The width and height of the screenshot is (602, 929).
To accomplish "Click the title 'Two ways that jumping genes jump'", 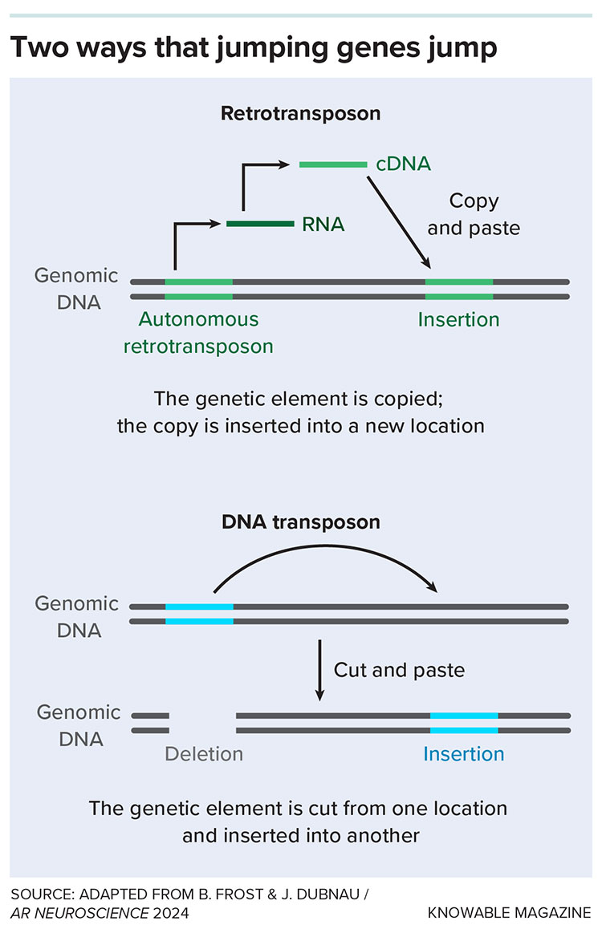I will pos(254,48).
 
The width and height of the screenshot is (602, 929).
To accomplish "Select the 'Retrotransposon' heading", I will pos(300,113).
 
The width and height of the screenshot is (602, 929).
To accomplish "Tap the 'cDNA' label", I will pos(403,164).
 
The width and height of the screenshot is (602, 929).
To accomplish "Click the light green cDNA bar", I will pos(332,164).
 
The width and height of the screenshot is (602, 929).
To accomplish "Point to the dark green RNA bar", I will pos(260,224).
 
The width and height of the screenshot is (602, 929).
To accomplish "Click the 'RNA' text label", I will pos(323,225).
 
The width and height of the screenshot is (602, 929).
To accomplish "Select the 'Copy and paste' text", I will pos(474,214).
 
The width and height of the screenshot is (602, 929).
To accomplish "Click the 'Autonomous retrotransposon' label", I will pos(198,333).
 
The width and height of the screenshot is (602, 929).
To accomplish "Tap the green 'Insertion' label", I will pos(458,319).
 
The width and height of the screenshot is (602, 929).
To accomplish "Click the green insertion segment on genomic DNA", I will pos(459,289).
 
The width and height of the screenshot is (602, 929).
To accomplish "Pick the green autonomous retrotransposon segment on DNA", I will pos(199,289).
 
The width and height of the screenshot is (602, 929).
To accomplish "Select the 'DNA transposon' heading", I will pos(300,522).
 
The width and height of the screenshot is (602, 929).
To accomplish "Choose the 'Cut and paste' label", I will pos(399,669).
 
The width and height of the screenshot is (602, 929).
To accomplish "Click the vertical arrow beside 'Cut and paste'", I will pos(319,670).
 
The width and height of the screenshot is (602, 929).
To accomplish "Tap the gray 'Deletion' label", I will pos(204,754).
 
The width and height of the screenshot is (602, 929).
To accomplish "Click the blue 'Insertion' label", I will pos(463,754).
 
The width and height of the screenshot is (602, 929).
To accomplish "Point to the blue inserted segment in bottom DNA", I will pos(463,722).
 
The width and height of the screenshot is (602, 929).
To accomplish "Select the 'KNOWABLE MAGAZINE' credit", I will pos(510,913).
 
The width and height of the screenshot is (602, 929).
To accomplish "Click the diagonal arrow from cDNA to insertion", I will pos(398,222).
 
